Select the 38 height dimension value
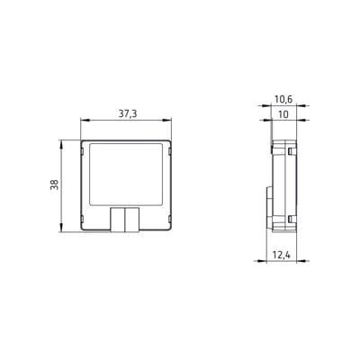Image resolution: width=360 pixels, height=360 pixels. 55,184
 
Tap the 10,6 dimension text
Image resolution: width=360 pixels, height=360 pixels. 283,99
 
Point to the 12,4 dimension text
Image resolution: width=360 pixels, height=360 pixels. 282,255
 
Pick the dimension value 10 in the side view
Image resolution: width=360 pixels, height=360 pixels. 283,114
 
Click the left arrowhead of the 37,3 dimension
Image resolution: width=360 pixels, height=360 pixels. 85,121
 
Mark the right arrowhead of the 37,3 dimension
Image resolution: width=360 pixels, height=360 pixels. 166,121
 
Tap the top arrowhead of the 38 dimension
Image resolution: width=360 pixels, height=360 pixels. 61,145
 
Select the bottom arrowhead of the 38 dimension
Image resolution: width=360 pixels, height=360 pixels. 61,227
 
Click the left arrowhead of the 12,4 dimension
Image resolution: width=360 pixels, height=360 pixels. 260,261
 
